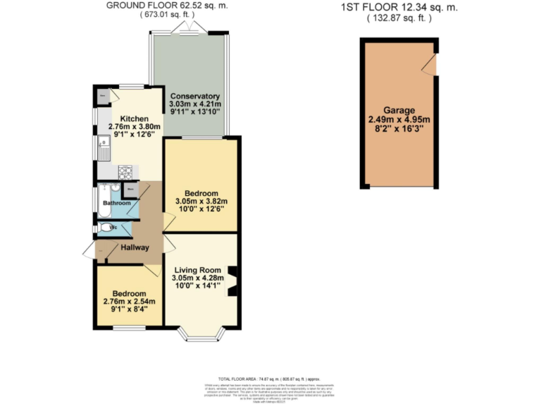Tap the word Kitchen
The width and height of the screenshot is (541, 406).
coord(134,118)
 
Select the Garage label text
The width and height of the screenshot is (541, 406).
coord(399,110)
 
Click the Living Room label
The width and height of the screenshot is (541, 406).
coord(197,269)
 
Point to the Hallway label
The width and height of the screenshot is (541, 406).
coord(135,247)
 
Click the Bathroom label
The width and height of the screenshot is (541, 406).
coord(116,204)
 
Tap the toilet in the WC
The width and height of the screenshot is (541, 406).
coord(106,228)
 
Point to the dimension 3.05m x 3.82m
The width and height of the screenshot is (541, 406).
coord(201,202)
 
